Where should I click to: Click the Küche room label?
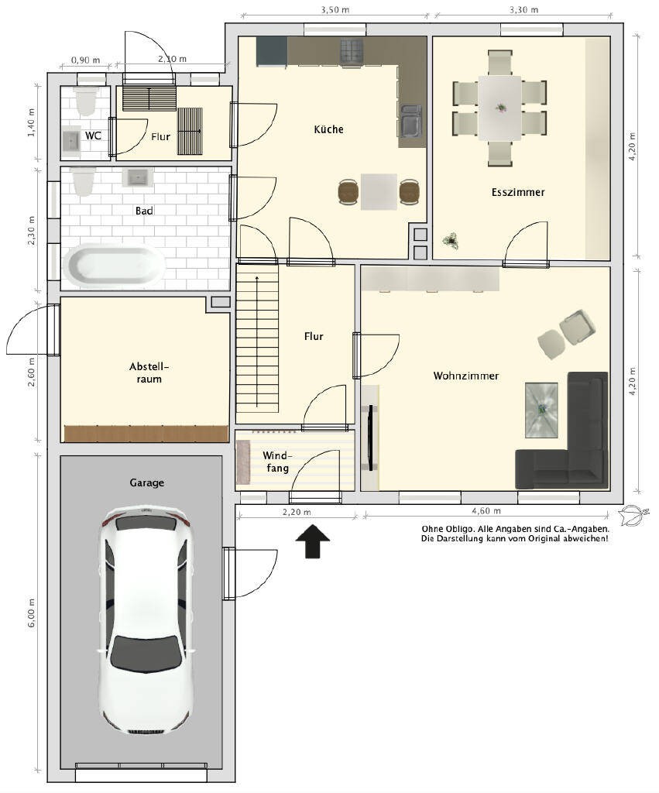click(x=329, y=129)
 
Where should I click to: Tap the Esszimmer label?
click(x=518, y=192)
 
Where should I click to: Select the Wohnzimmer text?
click(x=466, y=376)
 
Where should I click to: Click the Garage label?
click(x=146, y=482)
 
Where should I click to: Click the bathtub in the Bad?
click(x=115, y=265)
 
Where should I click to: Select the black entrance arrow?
click(x=313, y=541)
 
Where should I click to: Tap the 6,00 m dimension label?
click(x=31, y=613)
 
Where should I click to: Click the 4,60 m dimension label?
click(x=486, y=511)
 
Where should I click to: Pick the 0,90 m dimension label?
click(x=85, y=60)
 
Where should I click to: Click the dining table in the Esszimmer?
click(x=500, y=108)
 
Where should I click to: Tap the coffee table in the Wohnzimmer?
click(x=541, y=410)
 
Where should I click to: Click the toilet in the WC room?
click(x=85, y=100)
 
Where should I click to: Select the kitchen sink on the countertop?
click(x=410, y=121)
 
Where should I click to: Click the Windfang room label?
click(x=277, y=462)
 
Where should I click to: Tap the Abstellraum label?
click(x=149, y=372)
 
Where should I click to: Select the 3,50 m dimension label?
click(x=335, y=9)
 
